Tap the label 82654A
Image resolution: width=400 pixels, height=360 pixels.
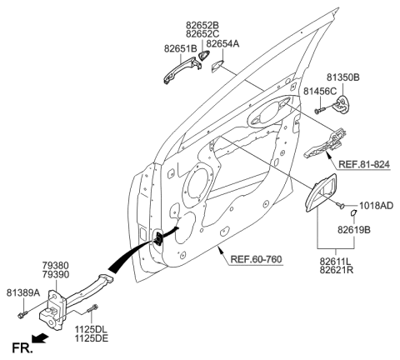[x=222, y=42]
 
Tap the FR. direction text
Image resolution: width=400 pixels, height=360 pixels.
[x=17, y=343]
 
